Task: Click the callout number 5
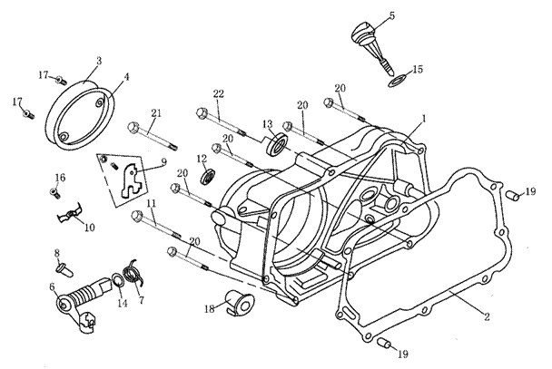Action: click(x=391, y=15)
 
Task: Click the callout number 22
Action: click(x=219, y=95)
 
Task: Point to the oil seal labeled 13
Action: click(x=278, y=141)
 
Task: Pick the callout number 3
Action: click(x=98, y=60)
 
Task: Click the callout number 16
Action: click(x=60, y=177)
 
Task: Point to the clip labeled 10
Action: click(x=73, y=217)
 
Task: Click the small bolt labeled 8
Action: click(x=61, y=268)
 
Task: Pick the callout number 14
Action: click(x=122, y=304)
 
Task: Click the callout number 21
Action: click(x=155, y=112)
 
